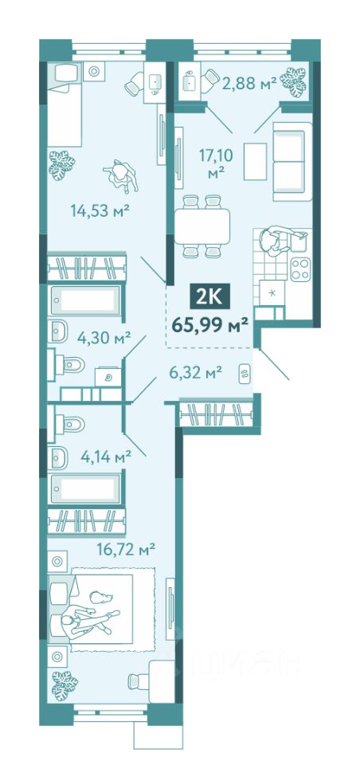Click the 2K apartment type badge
click(209, 297)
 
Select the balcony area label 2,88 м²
click(249, 83)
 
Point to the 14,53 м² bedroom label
click(100, 211)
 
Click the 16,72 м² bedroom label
click(126, 551)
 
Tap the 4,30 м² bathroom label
click(104, 336)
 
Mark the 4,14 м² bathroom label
click(104, 457)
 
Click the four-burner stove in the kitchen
click(300, 269)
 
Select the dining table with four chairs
click(202, 226)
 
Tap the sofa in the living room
click(292, 162)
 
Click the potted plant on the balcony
click(295, 81)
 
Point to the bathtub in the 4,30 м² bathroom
click(85, 300)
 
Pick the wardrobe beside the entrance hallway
click(216, 414)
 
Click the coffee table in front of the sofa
click(255, 162)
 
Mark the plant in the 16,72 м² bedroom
click(64, 685)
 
